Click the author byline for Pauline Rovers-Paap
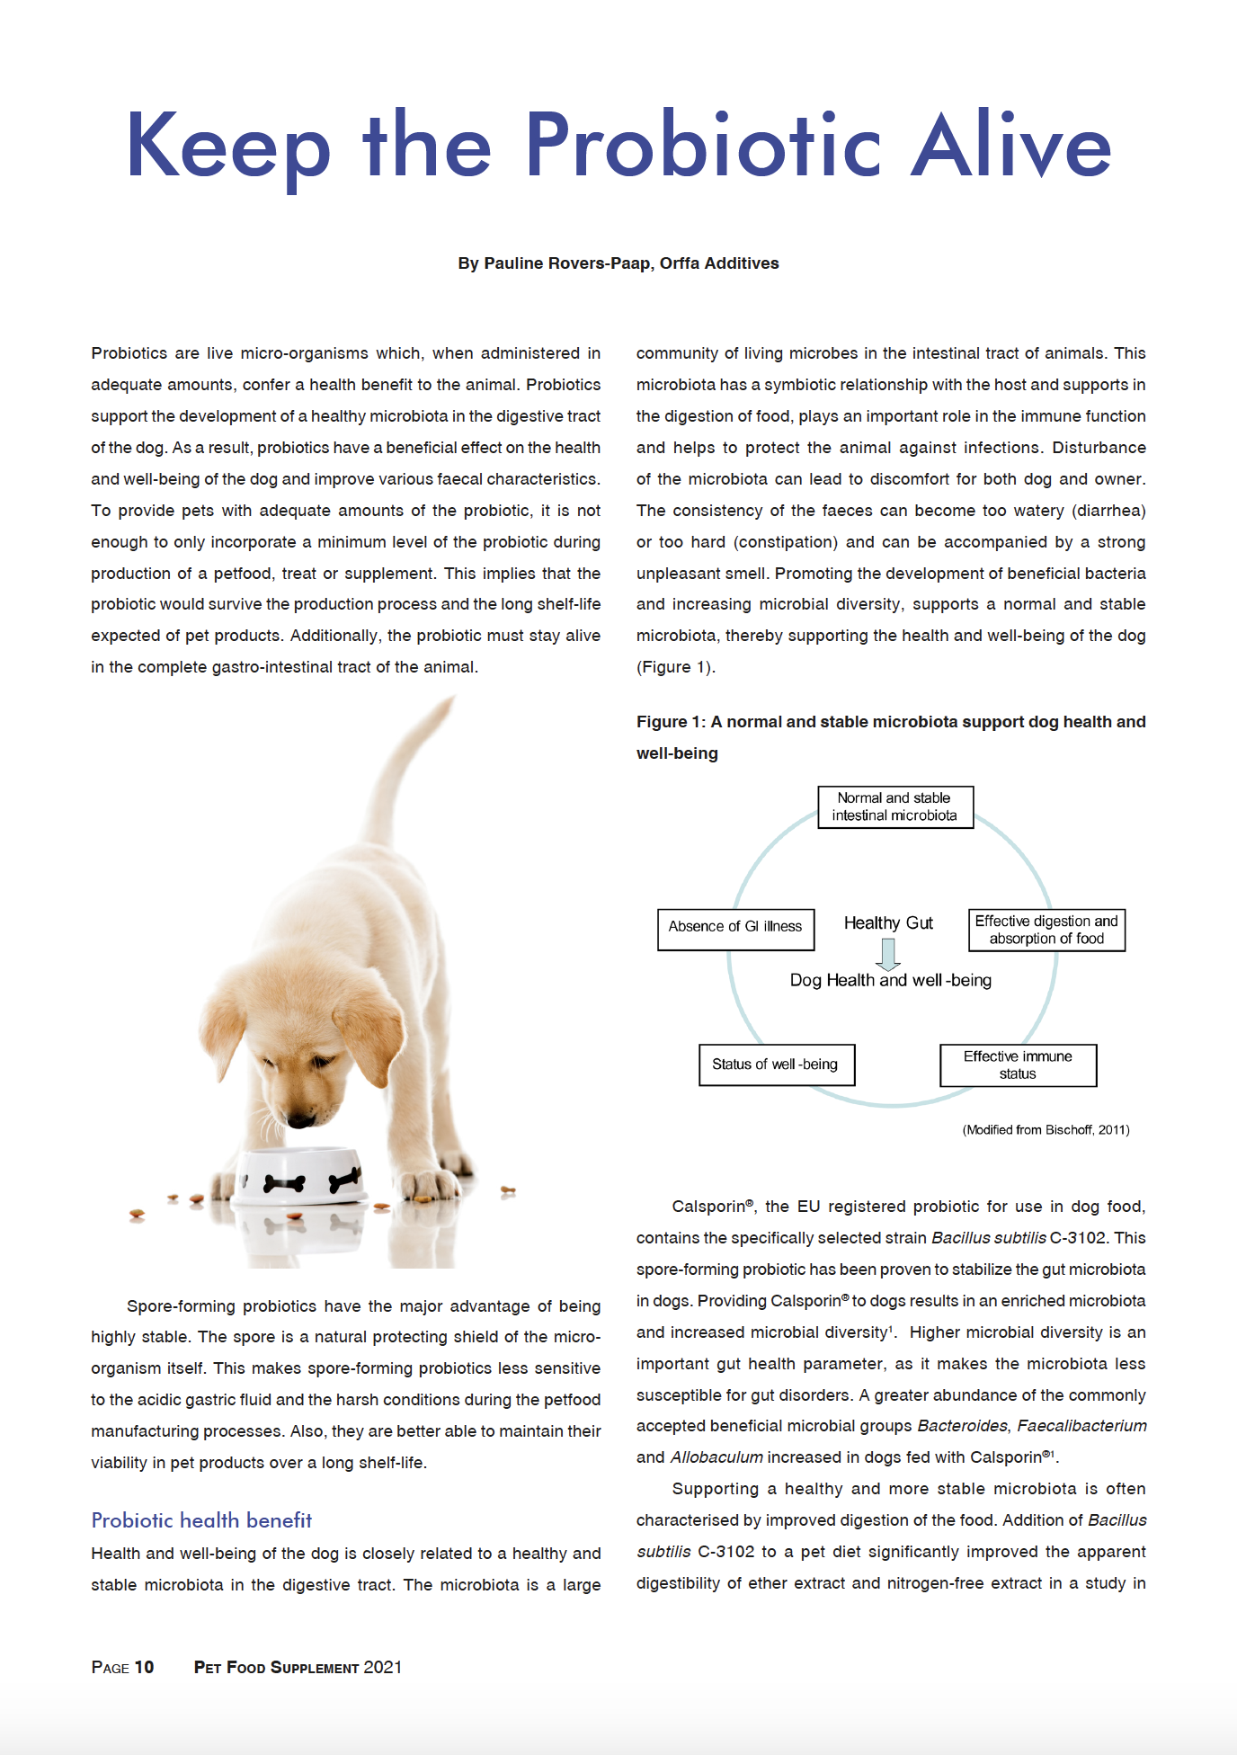618,263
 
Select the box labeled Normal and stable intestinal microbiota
894,806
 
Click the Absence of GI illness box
735,927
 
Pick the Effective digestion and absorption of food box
1046,930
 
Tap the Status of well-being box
776,1065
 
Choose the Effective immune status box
1018,1065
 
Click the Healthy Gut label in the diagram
888,923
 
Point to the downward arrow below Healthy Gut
888,953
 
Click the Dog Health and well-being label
890,981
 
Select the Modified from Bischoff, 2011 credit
1046,1130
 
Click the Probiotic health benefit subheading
201,1520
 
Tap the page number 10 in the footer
144,1668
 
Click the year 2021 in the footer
382,1668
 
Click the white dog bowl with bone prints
301,1177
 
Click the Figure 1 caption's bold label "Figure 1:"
671,722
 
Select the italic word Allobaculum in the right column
716,1457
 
